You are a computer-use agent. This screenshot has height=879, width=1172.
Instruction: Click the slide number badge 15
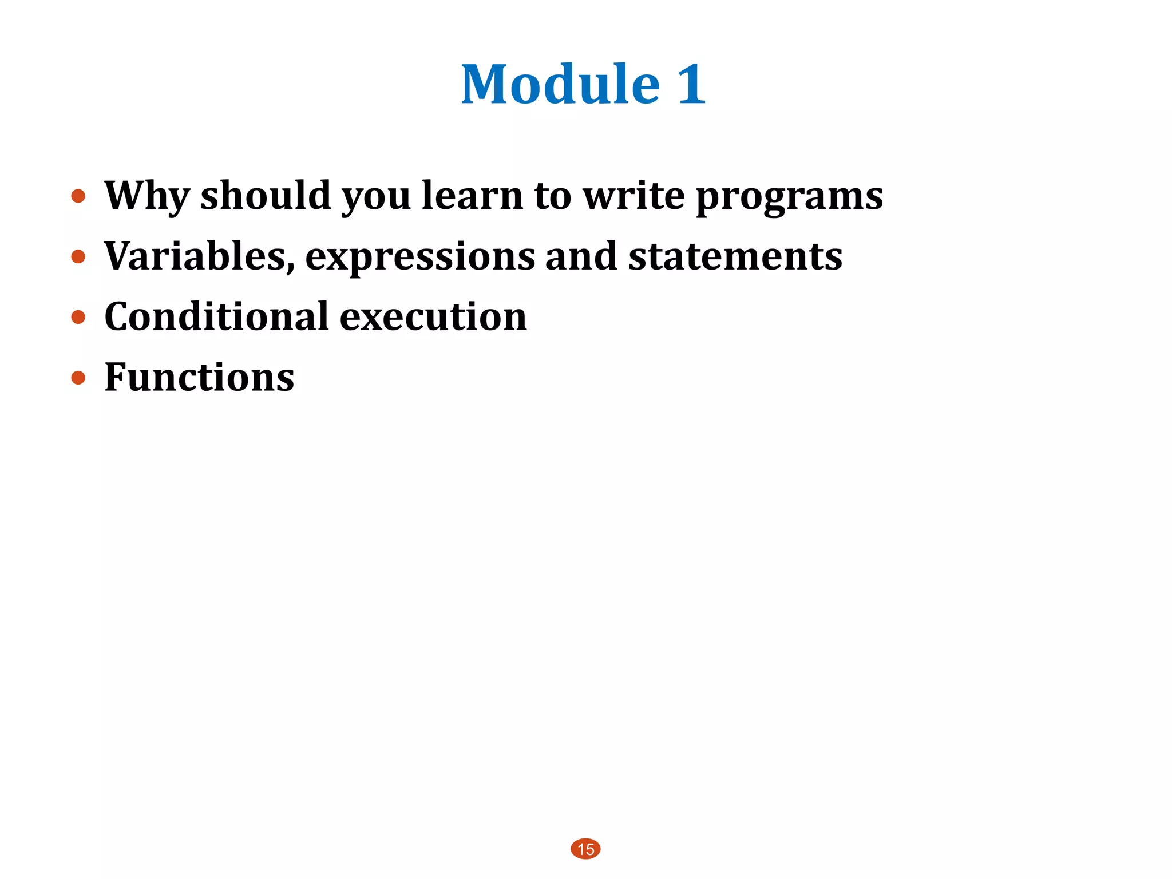coord(585,849)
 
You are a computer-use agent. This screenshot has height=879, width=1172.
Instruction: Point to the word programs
coord(789,197)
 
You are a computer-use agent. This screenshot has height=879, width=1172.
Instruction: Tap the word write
coord(633,196)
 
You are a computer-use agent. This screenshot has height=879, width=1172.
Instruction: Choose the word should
coord(266,196)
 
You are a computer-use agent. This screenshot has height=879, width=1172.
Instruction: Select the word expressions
coord(420,258)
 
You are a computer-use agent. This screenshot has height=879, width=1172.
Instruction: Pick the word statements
coord(735,256)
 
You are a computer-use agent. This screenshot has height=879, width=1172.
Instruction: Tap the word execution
coord(433,316)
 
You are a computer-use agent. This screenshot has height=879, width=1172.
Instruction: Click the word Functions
coord(199,377)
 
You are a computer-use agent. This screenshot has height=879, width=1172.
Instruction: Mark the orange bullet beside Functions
coord(78,378)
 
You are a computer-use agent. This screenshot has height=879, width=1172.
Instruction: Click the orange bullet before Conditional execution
coord(78,317)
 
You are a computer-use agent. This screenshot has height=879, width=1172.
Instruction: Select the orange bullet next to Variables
coord(78,256)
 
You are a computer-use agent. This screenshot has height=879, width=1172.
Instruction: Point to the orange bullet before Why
coord(78,196)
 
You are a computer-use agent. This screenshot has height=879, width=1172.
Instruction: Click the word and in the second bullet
coord(581,256)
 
